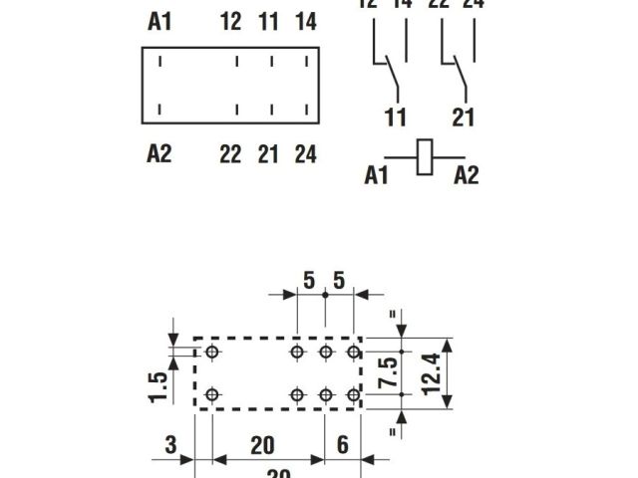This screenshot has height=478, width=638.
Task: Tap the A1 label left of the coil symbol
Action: pyautogui.click(x=376, y=175)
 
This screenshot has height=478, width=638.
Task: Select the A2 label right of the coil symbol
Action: pyautogui.click(x=466, y=175)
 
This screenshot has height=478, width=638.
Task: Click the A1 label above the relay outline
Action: pyautogui.click(x=159, y=22)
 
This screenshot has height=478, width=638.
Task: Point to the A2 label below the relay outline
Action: pyautogui.click(x=159, y=153)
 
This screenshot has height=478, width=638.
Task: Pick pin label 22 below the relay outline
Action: pyautogui.click(x=231, y=153)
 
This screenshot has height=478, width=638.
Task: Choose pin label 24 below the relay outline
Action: pyautogui.click(x=305, y=153)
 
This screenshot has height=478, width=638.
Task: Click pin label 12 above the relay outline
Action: pyautogui.click(x=231, y=22)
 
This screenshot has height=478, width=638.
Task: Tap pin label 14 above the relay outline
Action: pyautogui.click(x=305, y=22)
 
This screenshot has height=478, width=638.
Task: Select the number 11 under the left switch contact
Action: pyautogui.click(x=396, y=118)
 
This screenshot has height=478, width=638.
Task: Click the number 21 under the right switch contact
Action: pyautogui.click(x=464, y=118)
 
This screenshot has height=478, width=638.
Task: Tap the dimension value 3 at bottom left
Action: pyautogui.click(x=170, y=444)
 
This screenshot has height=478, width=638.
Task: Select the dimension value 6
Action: pyautogui.click(x=342, y=444)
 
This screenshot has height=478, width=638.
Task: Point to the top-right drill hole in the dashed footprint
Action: pyautogui.click(x=353, y=352)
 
